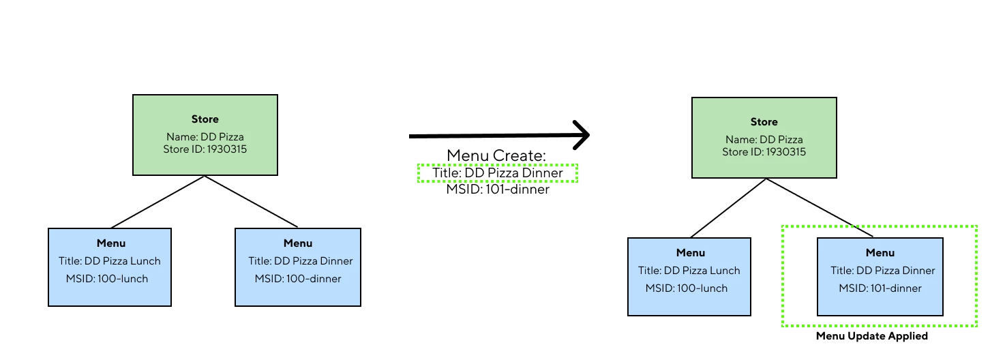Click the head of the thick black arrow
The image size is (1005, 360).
click(580, 136)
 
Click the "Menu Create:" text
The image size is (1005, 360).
click(496, 155)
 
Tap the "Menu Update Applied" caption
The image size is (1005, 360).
click(871, 336)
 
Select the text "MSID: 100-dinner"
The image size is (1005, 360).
click(298, 278)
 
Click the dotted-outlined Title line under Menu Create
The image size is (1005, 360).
click(497, 173)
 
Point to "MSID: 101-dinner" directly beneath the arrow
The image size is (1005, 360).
click(498, 190)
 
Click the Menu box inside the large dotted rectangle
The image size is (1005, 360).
click(880, 276)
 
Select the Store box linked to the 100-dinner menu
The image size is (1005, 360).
click(205, 135)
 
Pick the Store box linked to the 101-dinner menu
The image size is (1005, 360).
click(764, 138)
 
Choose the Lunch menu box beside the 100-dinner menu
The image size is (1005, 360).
click(110, 267)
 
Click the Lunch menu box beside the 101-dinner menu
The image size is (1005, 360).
click(689, 276)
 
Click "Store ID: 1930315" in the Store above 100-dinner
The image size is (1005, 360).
click(205, 149)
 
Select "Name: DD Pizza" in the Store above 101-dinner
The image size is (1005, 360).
click(764, 140)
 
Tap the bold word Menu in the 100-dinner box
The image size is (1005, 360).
click(298, 243)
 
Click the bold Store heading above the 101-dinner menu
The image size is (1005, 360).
click(764, 122)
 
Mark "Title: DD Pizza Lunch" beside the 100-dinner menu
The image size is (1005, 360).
click(110, 260)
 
